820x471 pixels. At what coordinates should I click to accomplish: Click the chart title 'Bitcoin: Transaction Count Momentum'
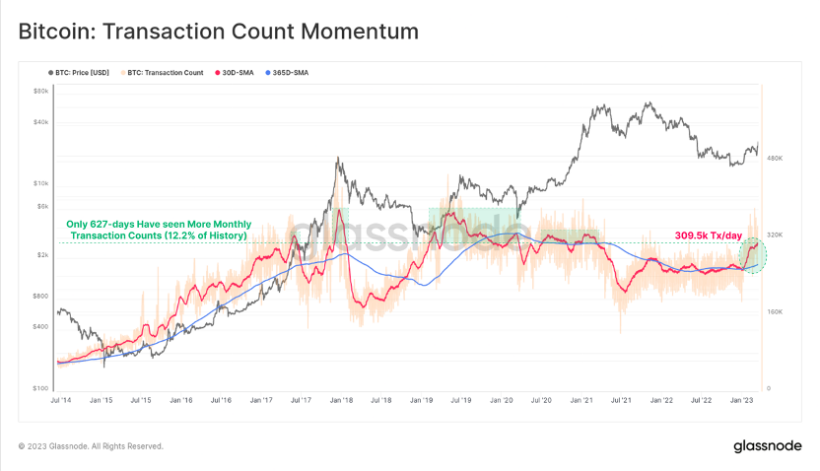click(x=219, y=32)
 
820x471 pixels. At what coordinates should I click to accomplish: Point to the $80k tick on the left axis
click(x=41, y=91)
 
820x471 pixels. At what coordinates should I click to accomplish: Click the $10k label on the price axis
click(x=41, y=183)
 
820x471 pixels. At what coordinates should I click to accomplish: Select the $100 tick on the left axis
click(x=41, y=388)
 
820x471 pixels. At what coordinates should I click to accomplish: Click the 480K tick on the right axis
click(x=775, y=158)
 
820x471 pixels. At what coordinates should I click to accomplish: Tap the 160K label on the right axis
click(x=775, y=311)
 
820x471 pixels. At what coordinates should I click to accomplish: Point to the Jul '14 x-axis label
click(x=60, y=401)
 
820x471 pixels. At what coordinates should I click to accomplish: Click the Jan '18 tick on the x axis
click(x=342, y=401)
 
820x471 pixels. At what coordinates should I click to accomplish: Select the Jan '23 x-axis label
click(x=743, y=401)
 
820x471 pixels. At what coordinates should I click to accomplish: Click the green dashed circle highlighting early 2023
click(x=753, y=256)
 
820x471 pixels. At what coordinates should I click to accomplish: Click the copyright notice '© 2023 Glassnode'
click(x=91, y=446)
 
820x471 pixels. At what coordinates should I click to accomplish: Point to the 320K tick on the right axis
click(x=775, y=235)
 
